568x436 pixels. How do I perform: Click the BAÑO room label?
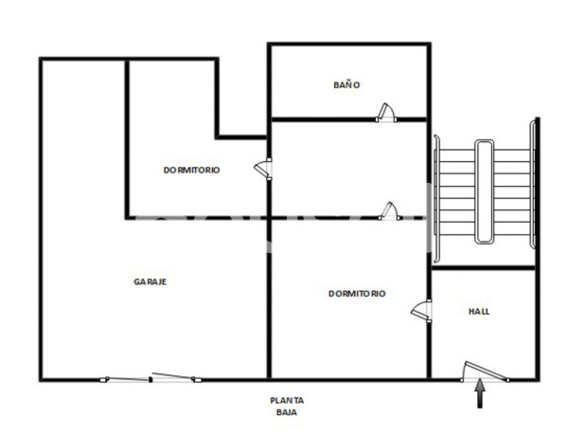tap(347, 85)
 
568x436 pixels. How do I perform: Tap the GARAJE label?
tap(151, 282)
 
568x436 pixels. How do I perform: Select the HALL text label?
tap(480, 311)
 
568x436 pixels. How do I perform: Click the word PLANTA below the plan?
tap(286, 400)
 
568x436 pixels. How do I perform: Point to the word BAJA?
tap(286, 413)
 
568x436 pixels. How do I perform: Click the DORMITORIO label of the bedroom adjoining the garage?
tap(191, 171)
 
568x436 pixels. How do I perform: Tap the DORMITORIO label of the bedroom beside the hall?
tap(357, 294)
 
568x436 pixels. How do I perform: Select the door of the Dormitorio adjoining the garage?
tap(263, 169)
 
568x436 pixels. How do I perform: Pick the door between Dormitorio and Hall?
tap(422, 310)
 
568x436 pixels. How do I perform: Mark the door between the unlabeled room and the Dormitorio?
tap(386, 210)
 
